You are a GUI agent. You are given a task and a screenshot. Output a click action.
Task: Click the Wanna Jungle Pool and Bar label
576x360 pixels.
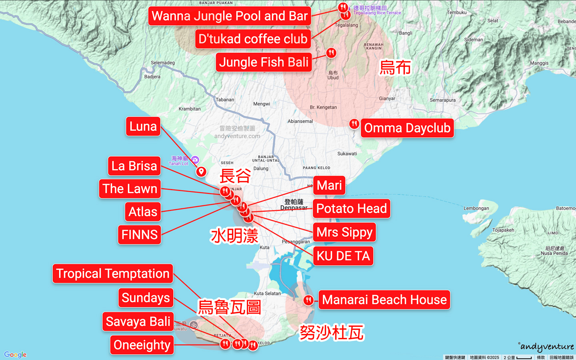click(230, 16)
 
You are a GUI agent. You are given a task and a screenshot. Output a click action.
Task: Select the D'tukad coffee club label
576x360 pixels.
click(253, 39)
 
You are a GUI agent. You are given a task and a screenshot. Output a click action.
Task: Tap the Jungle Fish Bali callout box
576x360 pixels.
click(264, 62)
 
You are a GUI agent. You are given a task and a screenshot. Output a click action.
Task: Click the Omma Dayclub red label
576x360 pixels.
click(407, 128)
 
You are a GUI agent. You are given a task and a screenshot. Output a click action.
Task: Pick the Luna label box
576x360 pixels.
click(143, 126)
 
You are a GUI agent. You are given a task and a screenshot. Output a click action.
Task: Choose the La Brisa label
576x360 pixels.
click(134, 166)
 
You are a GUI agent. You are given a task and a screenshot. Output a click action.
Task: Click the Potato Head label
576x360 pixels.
click(351, 208)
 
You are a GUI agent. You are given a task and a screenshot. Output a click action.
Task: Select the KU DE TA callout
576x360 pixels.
click(343, 256)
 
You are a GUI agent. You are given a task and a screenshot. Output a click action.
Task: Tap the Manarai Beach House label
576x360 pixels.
click(384, 300)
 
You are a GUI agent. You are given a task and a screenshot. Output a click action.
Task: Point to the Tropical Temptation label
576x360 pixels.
click(113, 274)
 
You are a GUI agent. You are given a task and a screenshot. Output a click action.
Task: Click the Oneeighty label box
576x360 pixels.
click(142, 345)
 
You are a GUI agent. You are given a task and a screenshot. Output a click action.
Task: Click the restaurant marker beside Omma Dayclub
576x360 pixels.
click(354, 124)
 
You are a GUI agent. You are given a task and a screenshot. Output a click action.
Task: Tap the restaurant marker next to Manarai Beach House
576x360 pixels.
click(308, 300)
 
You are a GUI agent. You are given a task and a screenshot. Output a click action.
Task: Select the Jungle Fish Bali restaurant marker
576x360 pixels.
click(331, 52)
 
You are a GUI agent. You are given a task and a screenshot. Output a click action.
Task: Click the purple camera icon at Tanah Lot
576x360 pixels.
click(195, 160)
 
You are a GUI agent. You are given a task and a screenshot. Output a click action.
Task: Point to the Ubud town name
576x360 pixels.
click(333, 76)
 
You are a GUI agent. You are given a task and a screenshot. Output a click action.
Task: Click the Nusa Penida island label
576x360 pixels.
click(554, 251)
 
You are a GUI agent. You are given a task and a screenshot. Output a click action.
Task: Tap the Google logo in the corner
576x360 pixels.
click(15, 354)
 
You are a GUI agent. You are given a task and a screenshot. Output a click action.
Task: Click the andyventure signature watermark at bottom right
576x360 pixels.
click(546, 346)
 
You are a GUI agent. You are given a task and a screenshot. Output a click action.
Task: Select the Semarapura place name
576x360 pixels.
click(442, 100)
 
